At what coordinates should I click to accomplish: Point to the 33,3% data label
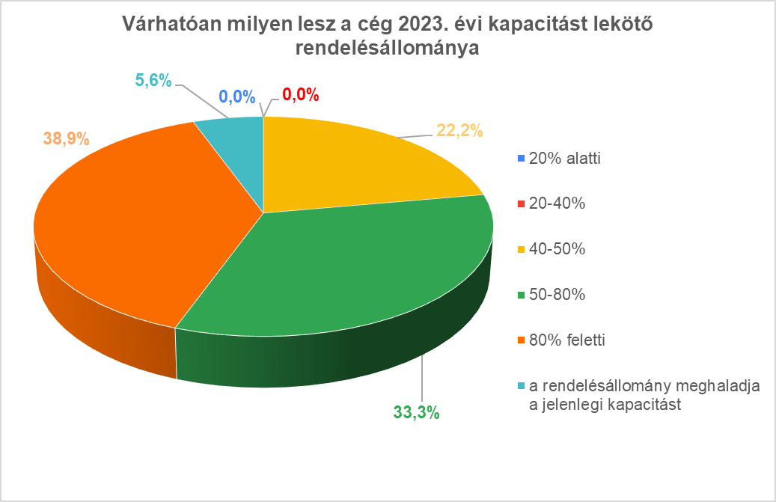click(416, 411)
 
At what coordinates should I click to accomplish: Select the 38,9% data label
click(66, 138)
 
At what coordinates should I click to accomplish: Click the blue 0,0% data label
click(237, 97)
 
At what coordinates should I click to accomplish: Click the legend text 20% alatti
click(564, 159)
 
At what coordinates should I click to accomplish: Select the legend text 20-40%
click(557, 203)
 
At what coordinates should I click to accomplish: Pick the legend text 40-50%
click(557, 249)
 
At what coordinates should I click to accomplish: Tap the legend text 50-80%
click(557, 295)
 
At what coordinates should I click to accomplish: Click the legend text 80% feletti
click(566, 340)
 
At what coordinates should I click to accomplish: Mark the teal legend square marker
click(520, 386)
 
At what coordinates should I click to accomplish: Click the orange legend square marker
click(520, 340)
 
